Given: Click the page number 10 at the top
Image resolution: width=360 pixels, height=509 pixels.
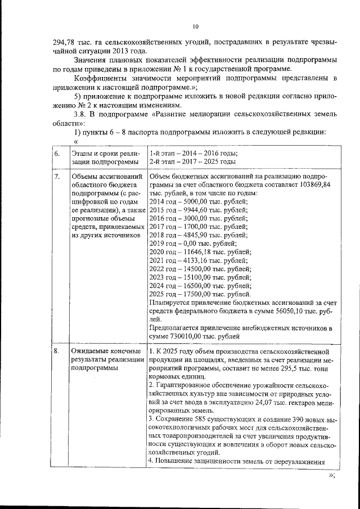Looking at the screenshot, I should pyautogui.click(x=196, y=26).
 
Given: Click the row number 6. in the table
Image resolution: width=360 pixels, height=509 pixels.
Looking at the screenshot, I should pyautogui.click(x=57, y=154).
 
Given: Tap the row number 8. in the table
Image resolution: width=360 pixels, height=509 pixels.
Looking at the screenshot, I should pyautogui.click(x=57, y=352).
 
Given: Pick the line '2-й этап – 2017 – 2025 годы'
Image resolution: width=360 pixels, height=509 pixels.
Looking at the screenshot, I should pyautogui.click(x=192, y=162).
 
